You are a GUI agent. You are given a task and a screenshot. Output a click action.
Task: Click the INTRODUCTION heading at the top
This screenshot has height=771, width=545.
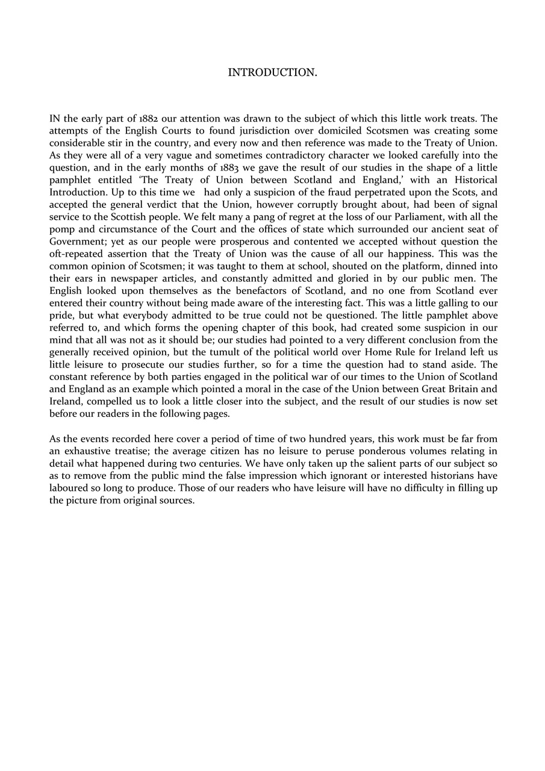point(272,73)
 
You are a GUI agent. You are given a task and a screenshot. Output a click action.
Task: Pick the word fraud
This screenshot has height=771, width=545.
point(357,192)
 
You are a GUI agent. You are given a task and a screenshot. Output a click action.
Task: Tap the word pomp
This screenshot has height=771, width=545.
point(60,229)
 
